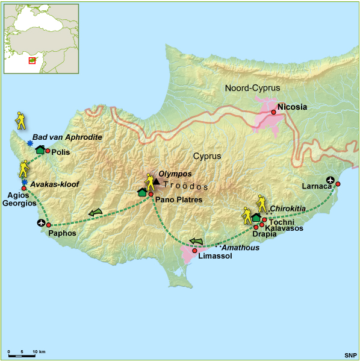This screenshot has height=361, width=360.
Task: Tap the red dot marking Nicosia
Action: (x=273, y=112)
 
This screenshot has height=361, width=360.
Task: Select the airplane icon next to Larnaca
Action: (x=329, y=180)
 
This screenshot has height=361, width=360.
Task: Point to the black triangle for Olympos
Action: (x=157, y=181)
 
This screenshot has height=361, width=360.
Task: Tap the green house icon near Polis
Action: (x=40, y=149)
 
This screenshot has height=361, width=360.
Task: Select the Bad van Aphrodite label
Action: (x=67, y=137)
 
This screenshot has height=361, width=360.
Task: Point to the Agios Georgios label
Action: (x=20, y=199)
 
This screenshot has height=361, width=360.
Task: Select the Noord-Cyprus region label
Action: (x=252, y=88)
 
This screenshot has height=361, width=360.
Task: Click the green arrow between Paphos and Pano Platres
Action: (x=95, y=212)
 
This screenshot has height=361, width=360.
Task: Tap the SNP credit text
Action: (x=350, y=354)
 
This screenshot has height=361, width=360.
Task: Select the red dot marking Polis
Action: (x=48, y=151)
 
